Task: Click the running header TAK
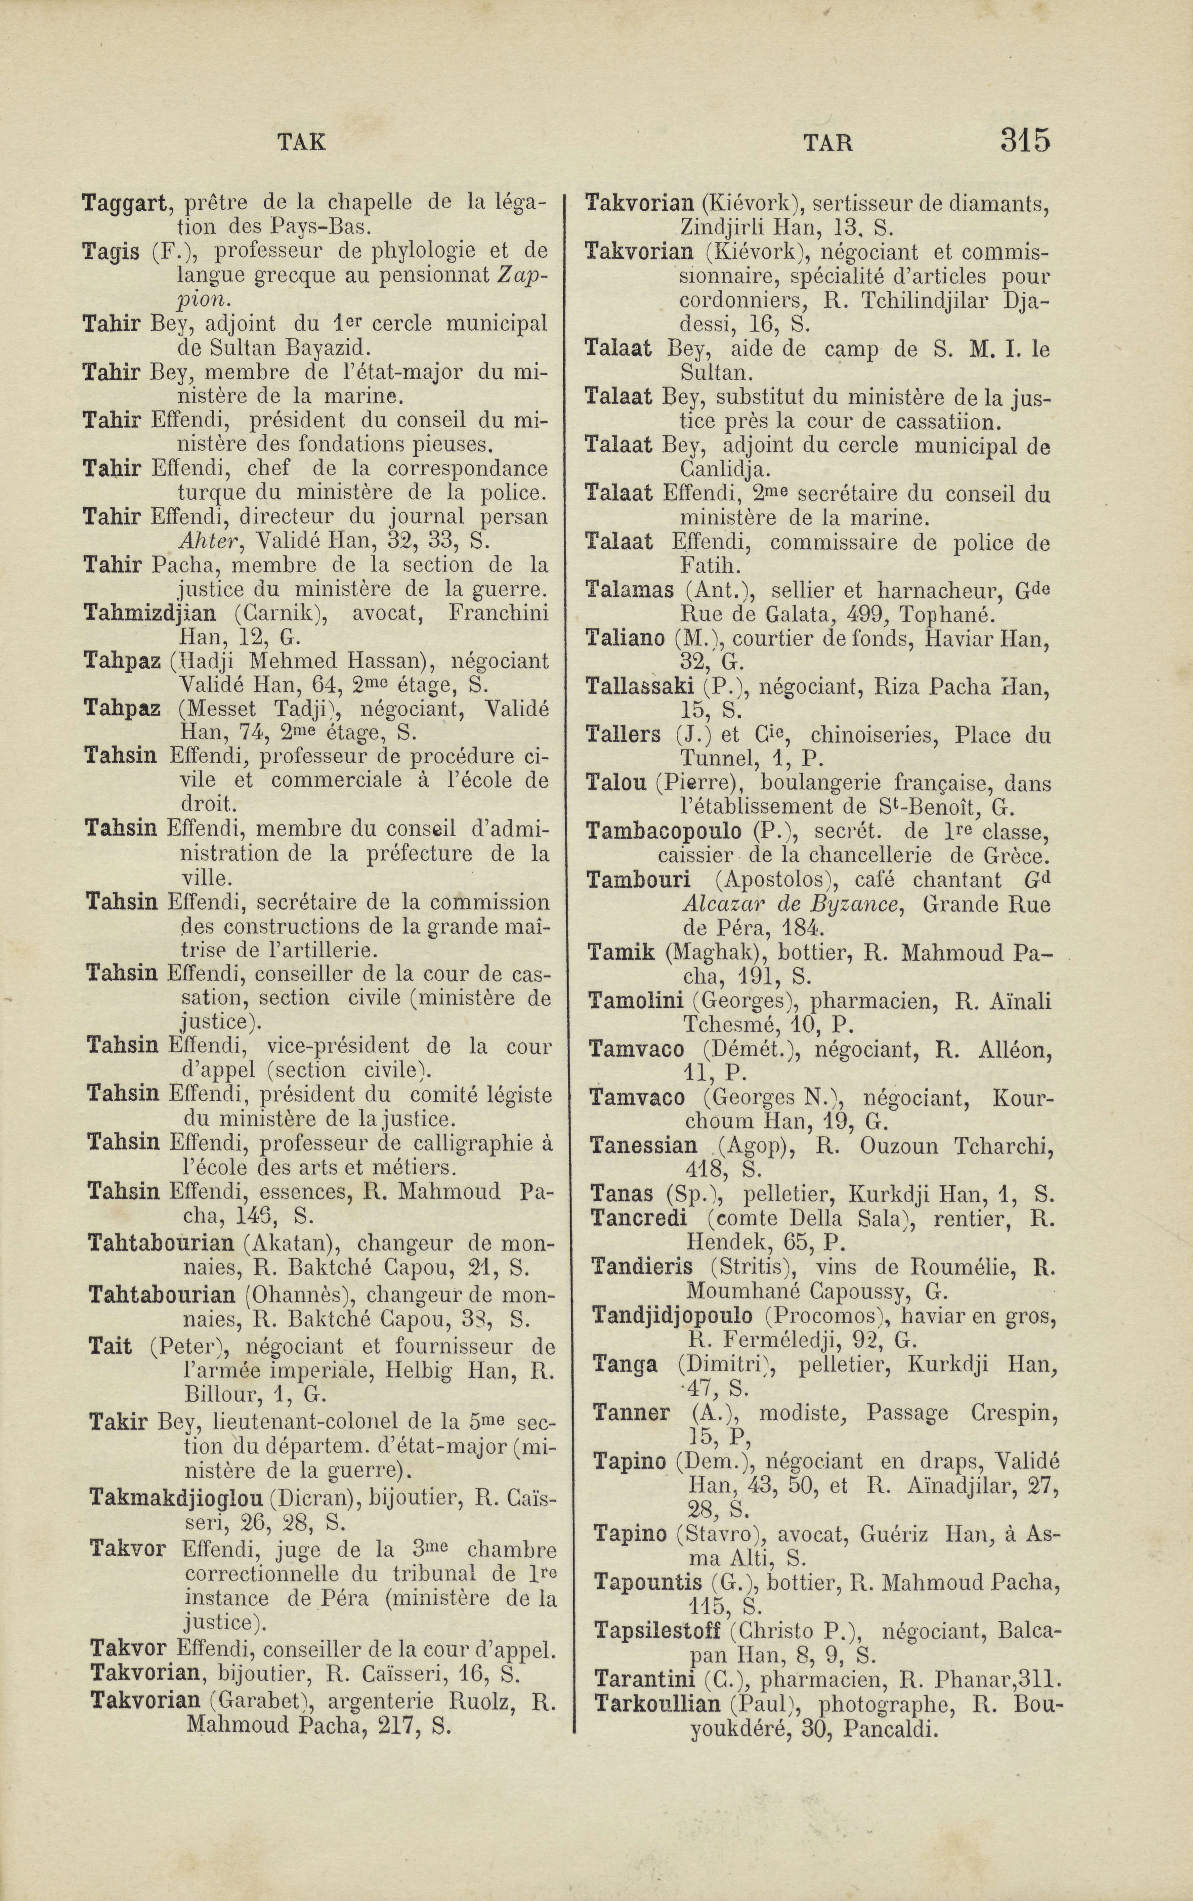302,142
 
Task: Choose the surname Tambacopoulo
664,832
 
